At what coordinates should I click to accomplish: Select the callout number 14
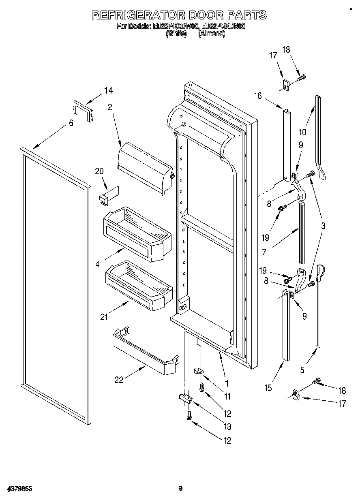[x=108, y=91]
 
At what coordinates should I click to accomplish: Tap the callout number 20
[x=99, y=171]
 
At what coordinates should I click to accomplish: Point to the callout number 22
[x=119, y=380]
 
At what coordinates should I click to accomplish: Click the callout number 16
[x=258, y=96]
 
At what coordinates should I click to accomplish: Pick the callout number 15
[x=268, y=388]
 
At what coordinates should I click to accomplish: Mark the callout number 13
[x=227, y=426]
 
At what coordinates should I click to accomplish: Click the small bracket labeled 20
[x=108, y=194]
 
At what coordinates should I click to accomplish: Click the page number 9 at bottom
[x=181, y=489]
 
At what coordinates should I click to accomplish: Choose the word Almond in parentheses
[x=211, y=34]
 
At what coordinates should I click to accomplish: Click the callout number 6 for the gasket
[x=71, y=123]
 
